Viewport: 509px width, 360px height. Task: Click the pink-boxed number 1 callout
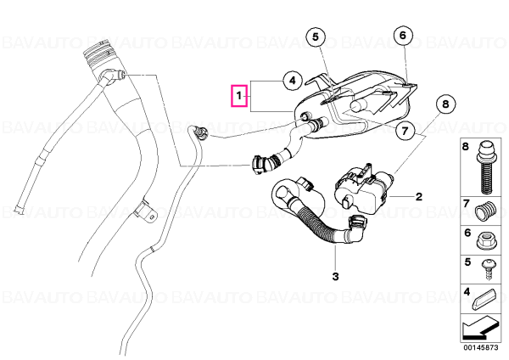(239, 96)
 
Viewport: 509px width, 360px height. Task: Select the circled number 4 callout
(293, 81)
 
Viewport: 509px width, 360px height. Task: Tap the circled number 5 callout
(316, 37)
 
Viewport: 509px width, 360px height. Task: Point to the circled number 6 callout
(403, 35)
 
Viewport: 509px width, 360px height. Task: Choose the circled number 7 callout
(405, 131)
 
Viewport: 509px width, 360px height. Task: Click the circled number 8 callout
(445, 104)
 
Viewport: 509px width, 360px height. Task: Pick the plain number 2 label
(419, 197)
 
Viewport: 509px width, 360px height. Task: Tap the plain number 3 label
(335, 277)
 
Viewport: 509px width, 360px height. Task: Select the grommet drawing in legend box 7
(485, 211)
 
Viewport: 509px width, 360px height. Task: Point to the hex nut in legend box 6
(485, 241)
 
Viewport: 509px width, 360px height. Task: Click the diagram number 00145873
(481, 347)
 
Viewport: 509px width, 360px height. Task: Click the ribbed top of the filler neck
(98, 55)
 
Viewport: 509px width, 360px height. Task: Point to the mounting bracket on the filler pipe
(145, 212)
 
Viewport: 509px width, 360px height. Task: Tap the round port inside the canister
(358, 105)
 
